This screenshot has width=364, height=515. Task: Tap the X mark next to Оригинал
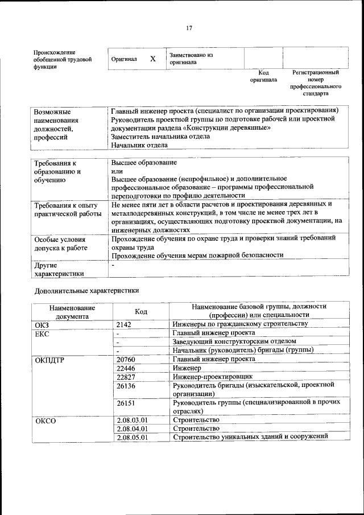(x=152, y=59)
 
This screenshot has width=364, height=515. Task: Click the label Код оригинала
(x=263, y=76)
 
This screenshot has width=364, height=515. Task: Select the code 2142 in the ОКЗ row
(x=124, y=324)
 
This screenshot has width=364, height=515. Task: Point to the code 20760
(x=126, y=360)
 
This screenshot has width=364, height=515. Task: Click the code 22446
(x=126, y=368)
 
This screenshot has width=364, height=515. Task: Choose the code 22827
(x=126, y=377)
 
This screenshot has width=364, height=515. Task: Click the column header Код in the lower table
(x=141, y=311)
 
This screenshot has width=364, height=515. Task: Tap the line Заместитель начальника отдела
(x=160, y=136)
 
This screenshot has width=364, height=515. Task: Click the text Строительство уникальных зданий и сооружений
(x=250, y=437)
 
